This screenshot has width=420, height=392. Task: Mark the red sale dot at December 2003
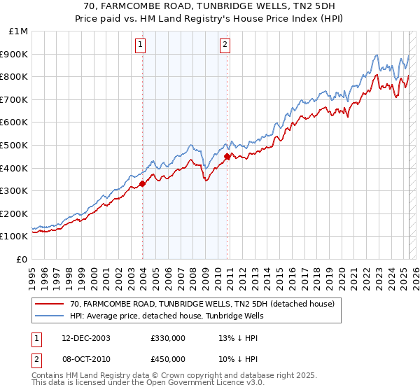click(x=142, y=184)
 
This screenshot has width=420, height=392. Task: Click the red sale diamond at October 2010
click(x=227, y=157)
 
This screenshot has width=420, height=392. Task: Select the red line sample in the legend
click(x=50, y=304)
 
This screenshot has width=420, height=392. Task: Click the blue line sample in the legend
click(x=50, y=316)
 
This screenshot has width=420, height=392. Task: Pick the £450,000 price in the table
click(x=167, y=358)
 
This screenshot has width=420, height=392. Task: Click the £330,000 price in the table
click(x=167, y=337)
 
